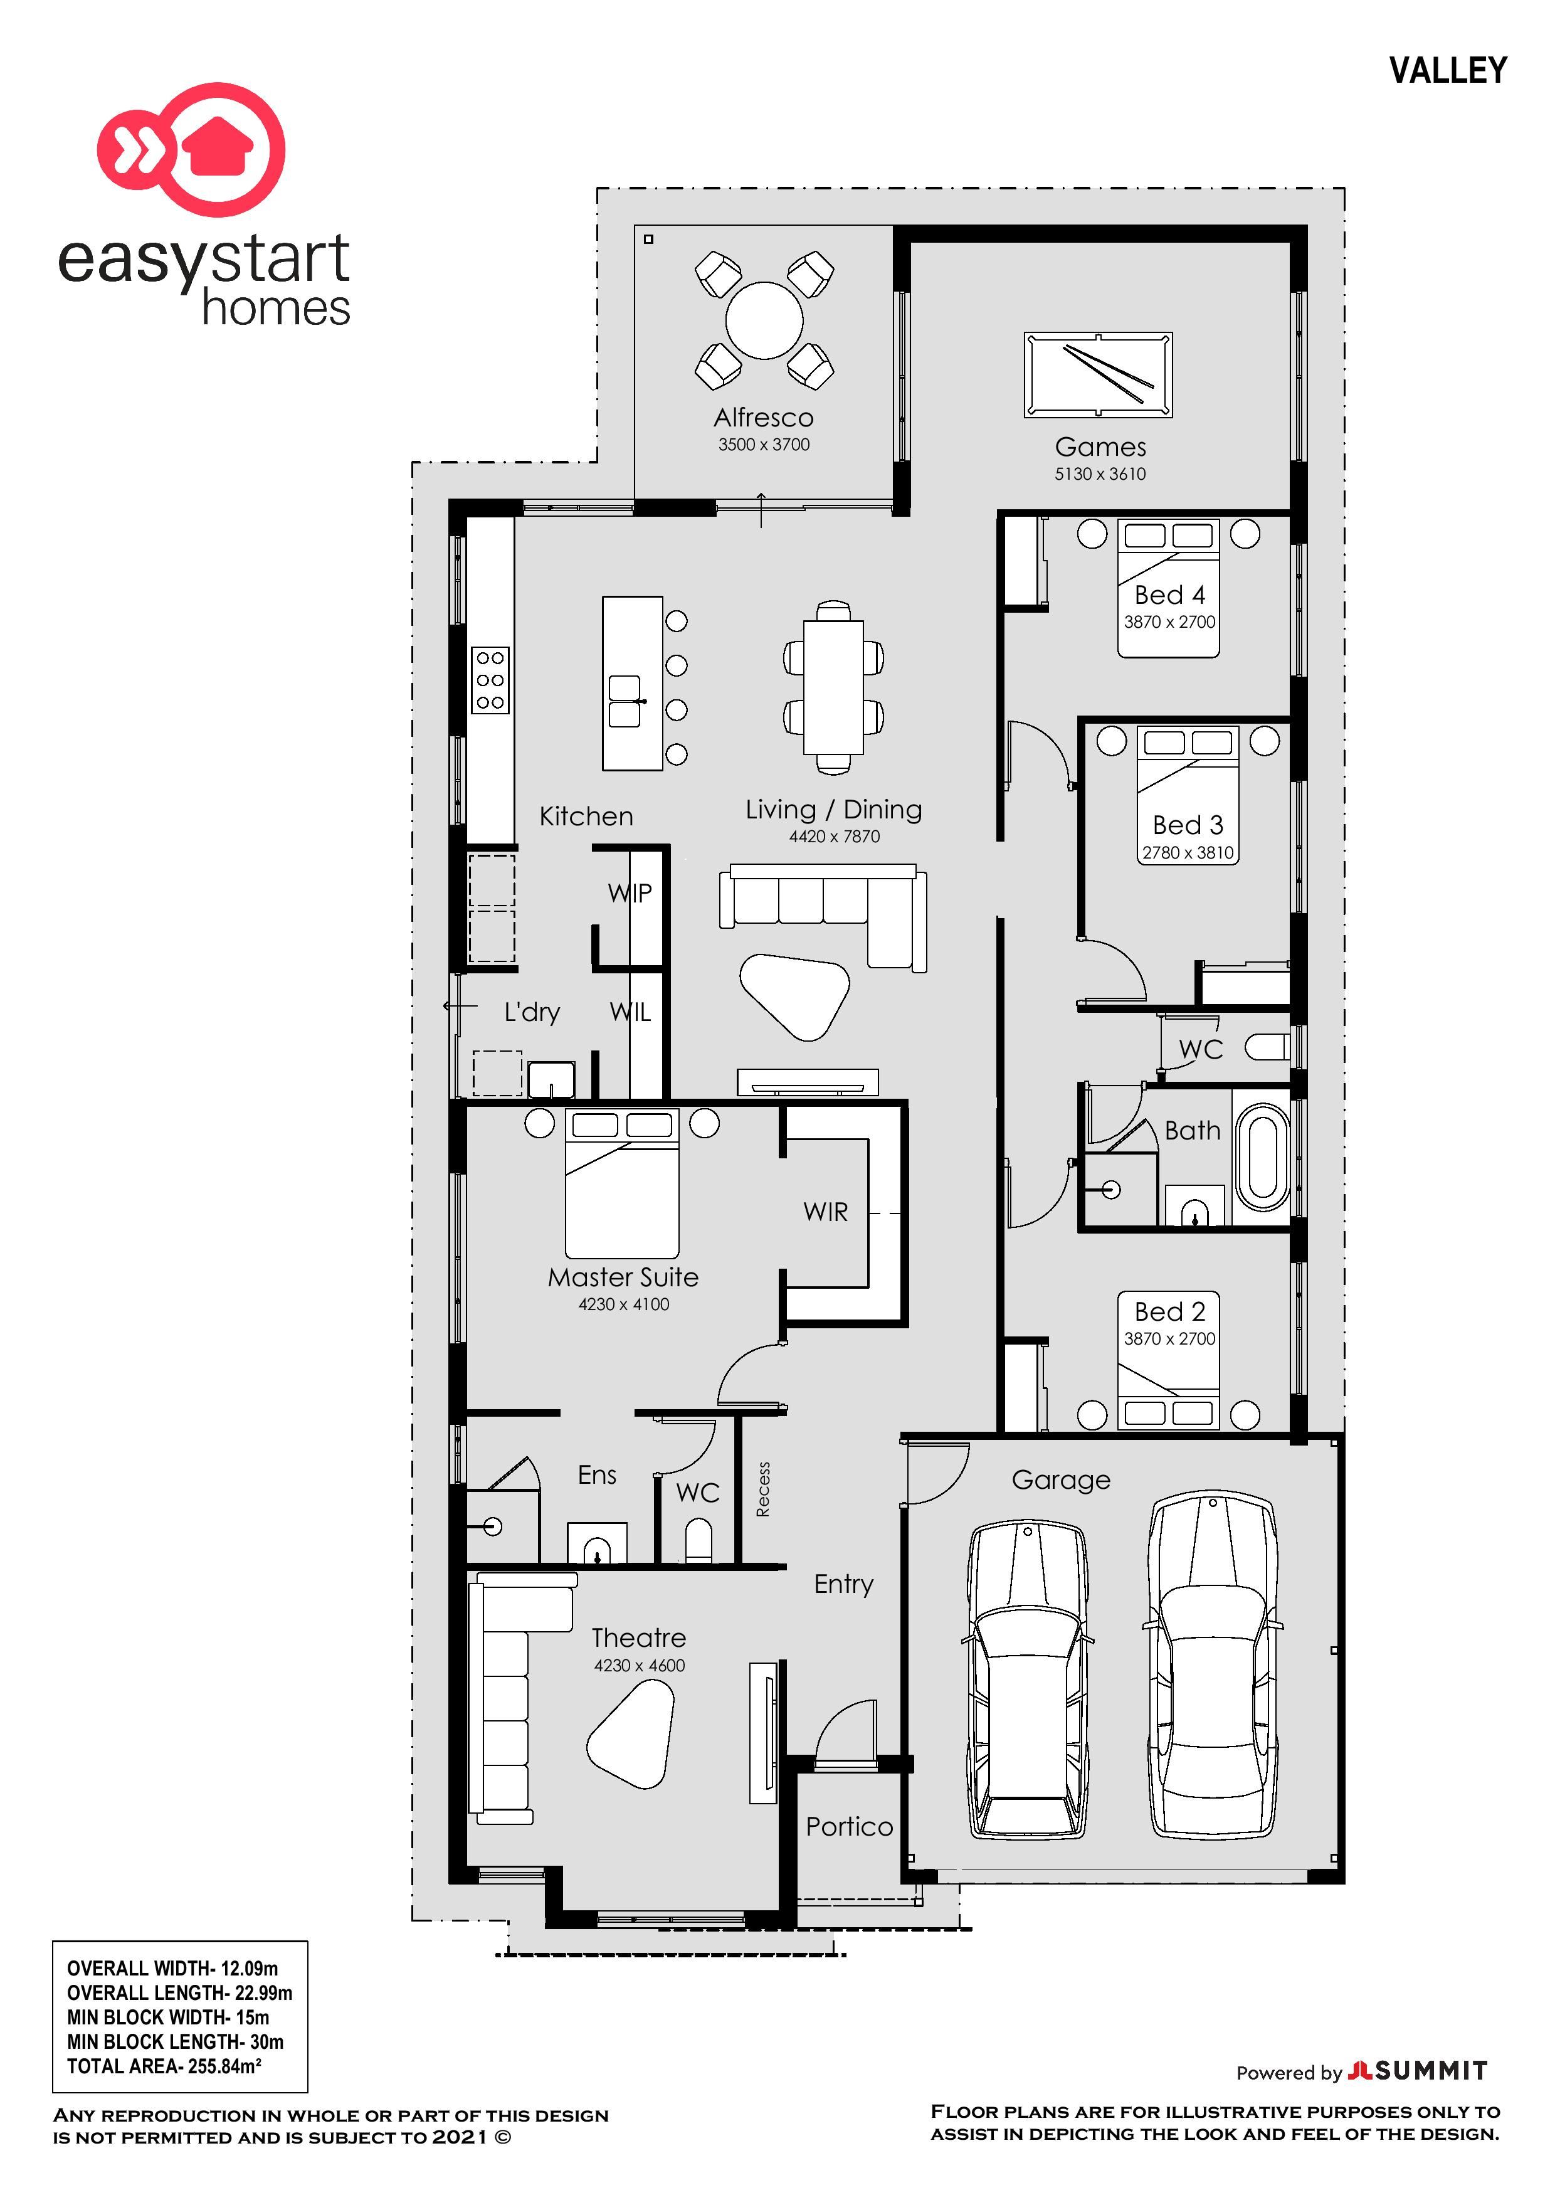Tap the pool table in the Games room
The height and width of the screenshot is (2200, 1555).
[1097, 374]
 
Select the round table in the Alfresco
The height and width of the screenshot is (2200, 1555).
[764, 320]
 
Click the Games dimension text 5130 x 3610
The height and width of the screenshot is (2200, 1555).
[1100, 473]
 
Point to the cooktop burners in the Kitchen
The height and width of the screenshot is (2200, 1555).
[490, 679]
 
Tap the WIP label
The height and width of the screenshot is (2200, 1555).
[630, 893]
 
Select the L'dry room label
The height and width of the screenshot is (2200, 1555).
[532, 1012]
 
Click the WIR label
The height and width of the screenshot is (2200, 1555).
[825, 1212]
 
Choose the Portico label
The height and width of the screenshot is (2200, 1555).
[849, 1826]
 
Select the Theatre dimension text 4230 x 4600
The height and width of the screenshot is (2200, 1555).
[639, 1665]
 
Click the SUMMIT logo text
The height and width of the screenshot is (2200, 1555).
[1431, 2071]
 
